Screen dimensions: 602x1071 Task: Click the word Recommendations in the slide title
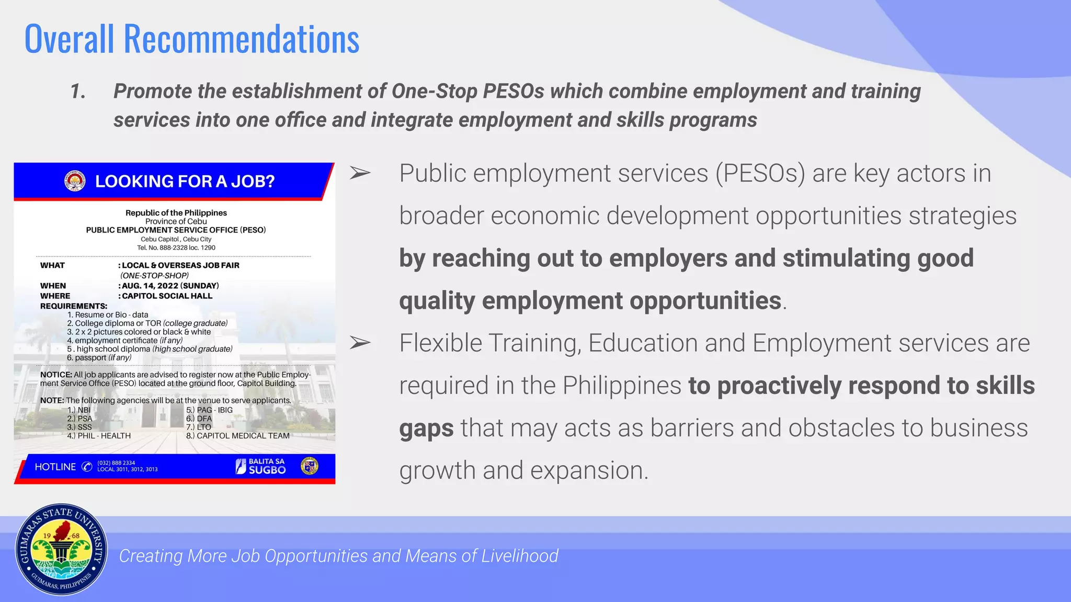click(x=241, y=39)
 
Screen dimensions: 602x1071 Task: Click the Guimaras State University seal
click(x=61, y=550)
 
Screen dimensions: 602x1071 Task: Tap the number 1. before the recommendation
click(x=78, y=91)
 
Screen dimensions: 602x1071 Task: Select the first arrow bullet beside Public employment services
click(x=360, y=173)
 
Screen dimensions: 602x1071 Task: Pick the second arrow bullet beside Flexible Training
click(x=360, y=343)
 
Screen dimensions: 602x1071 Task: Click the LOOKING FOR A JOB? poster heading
click(x=185, y=181)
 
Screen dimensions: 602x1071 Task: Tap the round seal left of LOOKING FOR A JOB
click(x=75, y=181)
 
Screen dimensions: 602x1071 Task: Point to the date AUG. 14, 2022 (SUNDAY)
click(x=170, y=285)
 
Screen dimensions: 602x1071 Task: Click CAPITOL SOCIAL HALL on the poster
click(x=167, y=296)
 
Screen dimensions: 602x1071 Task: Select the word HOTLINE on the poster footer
click(x=55, y=467)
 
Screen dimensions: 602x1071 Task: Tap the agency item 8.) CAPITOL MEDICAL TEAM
click(x=237, y=435)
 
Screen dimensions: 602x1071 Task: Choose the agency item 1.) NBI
click(x=79, y=410)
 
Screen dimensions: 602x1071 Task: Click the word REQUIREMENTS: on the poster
click(x=74, y=306)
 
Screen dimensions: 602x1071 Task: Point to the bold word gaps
click(x=426, y=429)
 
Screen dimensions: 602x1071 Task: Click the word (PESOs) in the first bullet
click(x=760, y=173)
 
